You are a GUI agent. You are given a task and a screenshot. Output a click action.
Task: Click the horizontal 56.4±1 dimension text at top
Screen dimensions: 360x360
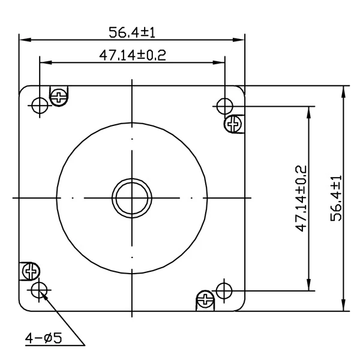click(133, 31)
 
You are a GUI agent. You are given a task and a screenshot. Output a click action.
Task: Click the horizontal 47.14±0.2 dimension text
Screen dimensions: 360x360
click(133, 55)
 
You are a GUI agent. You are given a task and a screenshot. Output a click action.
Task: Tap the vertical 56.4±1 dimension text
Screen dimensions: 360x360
click(335, 199)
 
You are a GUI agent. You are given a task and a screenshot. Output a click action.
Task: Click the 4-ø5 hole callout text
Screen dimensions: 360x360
click(43, 339)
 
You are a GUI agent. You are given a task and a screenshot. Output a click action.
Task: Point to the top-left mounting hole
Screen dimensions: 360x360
click(40, 106)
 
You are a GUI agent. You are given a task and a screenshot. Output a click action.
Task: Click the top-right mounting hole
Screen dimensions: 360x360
click(224, 106)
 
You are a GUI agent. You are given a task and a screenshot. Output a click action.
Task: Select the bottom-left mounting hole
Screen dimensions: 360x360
click(40, 291)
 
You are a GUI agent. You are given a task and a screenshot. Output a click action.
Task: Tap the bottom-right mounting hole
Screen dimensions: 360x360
click(224, 291)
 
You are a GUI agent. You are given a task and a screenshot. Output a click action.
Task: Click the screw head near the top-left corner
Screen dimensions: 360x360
click(58, 95)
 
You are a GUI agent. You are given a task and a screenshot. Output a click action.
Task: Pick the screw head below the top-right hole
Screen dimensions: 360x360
click(233, 124)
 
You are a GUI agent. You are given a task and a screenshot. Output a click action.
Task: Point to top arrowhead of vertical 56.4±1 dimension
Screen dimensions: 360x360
click(344, 89)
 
